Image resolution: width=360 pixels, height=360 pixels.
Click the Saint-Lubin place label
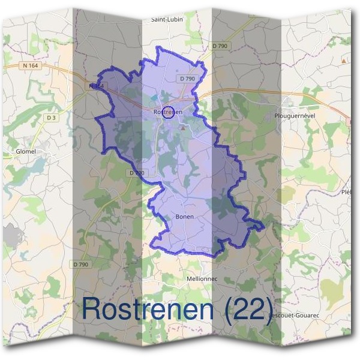click(x=167, y=19)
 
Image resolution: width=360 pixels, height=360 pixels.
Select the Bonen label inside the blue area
click(x=185, y=217)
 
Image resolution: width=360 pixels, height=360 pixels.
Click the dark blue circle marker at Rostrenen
click(x=169, y=112)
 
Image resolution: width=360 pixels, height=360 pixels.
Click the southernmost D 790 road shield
click(x=80, y=264)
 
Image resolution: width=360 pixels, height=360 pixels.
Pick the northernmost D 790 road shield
click(x=220, y=46)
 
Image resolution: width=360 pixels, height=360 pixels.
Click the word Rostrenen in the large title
click(x=148, y=308)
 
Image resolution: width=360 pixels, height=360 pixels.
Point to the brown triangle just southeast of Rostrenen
click(x=183, y=128)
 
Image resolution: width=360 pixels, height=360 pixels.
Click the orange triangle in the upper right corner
click(x=344, y=61)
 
